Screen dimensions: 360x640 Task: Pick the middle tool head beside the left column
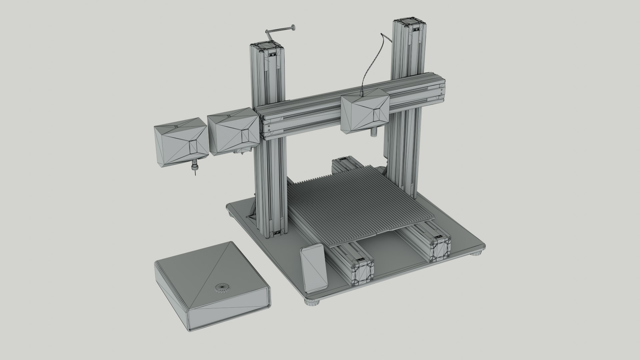coord(233,132)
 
